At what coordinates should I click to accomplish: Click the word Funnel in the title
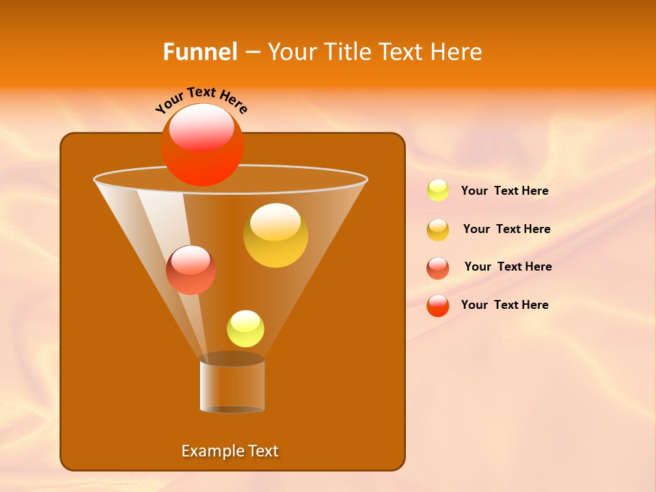coord(200,51)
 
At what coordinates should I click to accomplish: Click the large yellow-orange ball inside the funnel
coord(275,236)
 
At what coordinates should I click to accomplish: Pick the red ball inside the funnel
coord(191,271)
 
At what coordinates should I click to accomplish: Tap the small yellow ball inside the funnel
coord(245,329)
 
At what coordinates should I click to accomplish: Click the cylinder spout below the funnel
coord(232,385)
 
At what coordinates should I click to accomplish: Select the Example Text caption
coord(230,451)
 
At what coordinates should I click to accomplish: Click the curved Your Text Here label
coord(202,100)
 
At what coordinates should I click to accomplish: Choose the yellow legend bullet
coord(438,191)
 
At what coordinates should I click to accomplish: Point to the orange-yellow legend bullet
coord(438,230)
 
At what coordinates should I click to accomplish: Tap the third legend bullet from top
coord(438,268)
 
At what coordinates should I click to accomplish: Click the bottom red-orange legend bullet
coord(438,305)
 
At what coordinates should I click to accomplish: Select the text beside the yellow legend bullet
coord(504,191)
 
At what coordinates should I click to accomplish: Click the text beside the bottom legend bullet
coord(504,305)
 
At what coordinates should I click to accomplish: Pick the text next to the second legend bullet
coord(506,230)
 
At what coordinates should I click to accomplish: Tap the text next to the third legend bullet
coord(508,266)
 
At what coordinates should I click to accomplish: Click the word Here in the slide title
coord(457,51)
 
